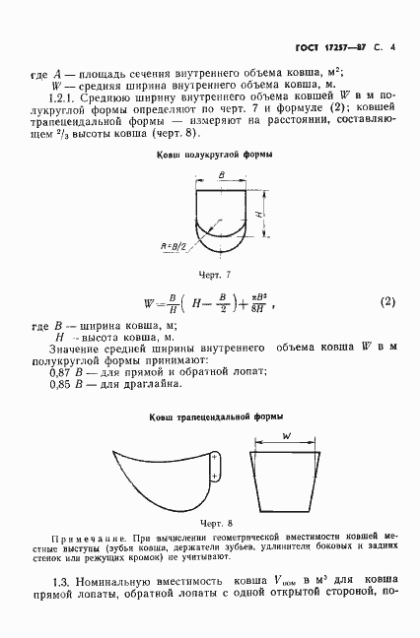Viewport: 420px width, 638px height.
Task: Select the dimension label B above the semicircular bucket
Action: [x=221, y=174]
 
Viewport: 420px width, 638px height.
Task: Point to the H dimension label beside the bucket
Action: [x=257, y=214]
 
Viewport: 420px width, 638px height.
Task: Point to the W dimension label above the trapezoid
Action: [x=286, y=436]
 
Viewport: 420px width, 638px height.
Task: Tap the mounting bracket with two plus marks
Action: [x=215, y=468]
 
